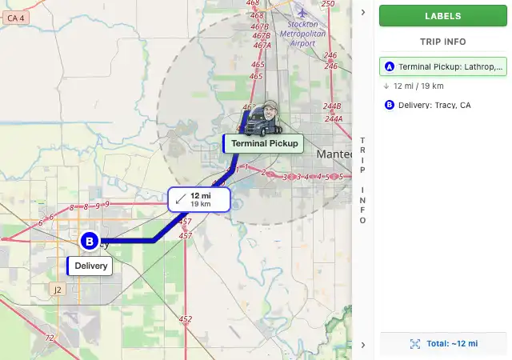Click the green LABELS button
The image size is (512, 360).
[x=442, y=15]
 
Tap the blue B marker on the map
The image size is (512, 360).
[x=90, y=240]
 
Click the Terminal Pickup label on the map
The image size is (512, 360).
[x=264, y=144]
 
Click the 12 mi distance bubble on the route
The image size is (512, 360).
[x=199, y=199]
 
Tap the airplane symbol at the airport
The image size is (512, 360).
[x=301, y=12]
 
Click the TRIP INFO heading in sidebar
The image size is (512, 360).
[x=442, y=42]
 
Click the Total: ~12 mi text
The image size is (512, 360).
[x=452, y=343]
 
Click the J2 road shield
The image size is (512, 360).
[x=57, y=289]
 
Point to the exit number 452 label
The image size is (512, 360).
[x=186, y=319]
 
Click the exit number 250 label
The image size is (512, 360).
[x=328, y=4]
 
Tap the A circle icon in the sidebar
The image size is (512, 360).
[x=390, y=67]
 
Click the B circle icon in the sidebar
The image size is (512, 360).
[x=390, y=105]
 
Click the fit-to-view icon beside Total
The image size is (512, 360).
[x=414, y=343]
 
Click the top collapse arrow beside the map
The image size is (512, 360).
[x=362, y=12]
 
